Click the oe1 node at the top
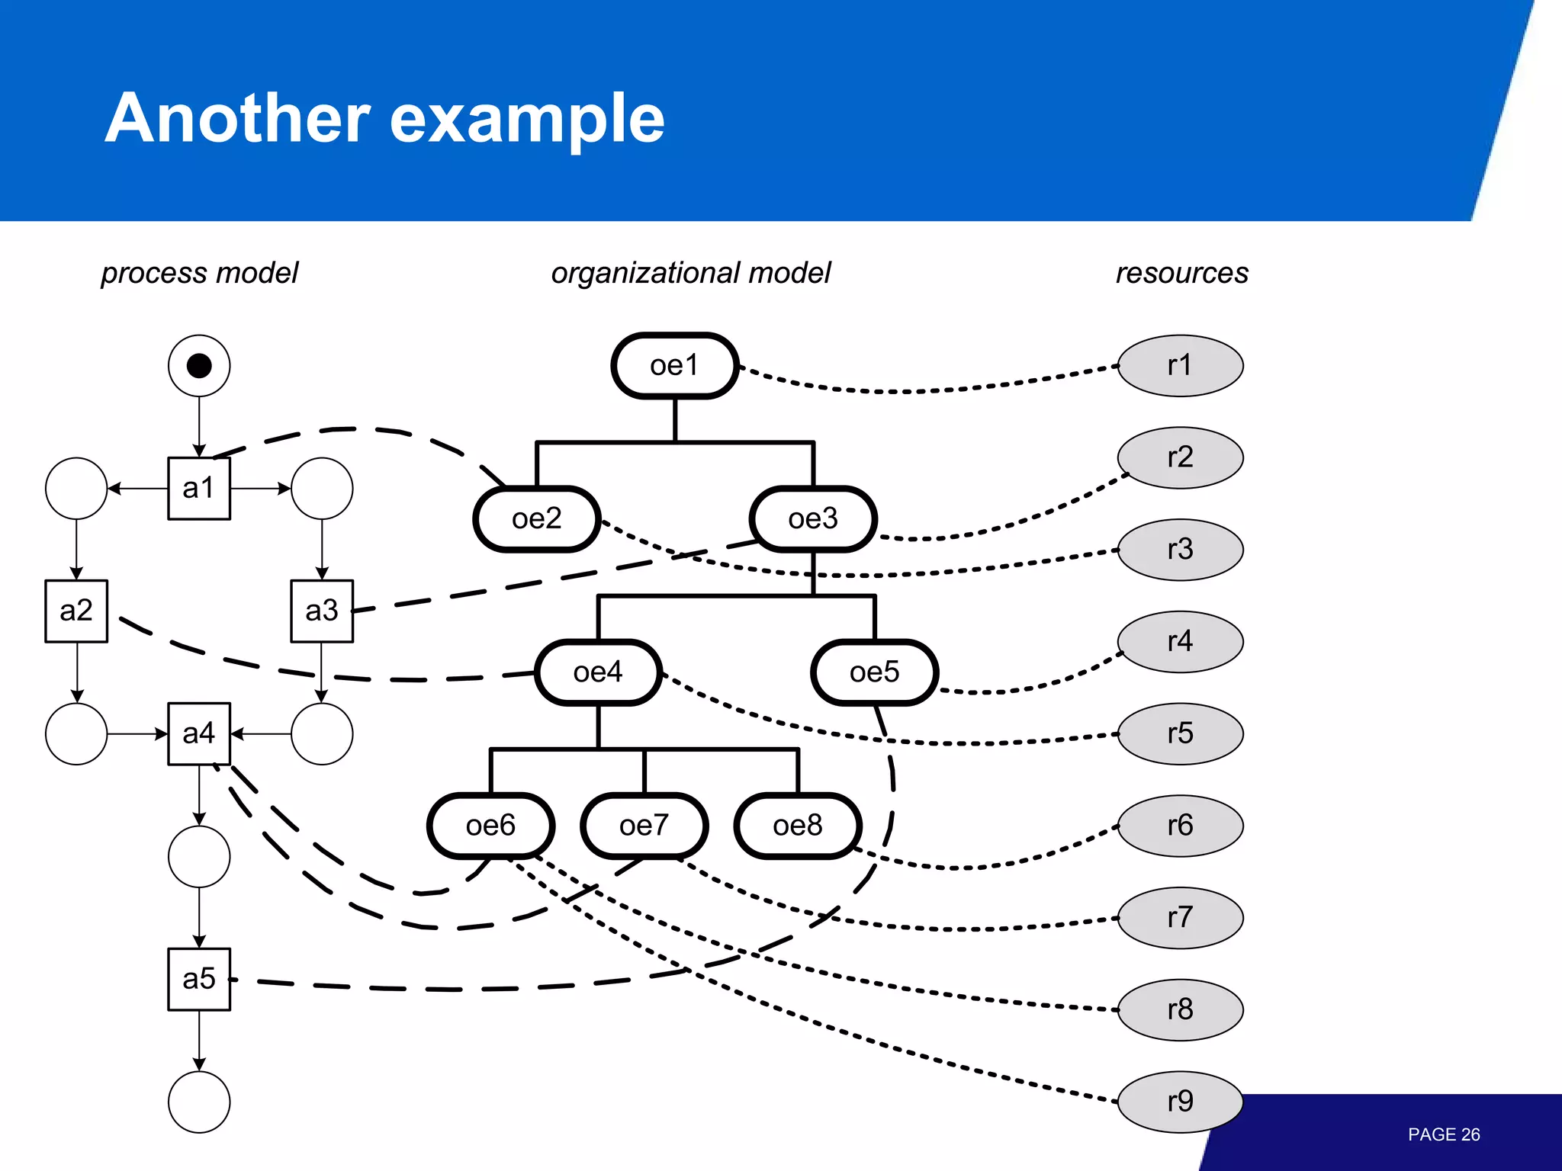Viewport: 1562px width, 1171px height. tap(674, 366)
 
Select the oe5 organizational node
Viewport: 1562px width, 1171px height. tap(874, 672)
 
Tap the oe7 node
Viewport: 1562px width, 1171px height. tap(644, 826)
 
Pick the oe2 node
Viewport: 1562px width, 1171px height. tap(536, 519)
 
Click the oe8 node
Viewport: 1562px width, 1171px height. tap(797, 826)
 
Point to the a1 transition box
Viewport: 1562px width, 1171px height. tap(198, 489)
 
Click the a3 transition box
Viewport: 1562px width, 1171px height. tap(321, 611)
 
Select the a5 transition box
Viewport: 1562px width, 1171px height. tap(198, 980)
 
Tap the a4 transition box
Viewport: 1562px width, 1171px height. tap(198, 733)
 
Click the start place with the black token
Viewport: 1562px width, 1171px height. tap(198, 366)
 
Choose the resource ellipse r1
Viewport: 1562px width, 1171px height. tap(1180, 366)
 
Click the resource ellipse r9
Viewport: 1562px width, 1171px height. tap(1180, 1102)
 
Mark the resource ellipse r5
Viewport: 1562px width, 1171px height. tap(1180, 733)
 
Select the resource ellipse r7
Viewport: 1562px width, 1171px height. tap(1180, 918)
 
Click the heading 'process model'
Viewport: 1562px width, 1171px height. tap(200, 273)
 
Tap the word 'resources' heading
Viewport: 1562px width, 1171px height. tap(1181, 273)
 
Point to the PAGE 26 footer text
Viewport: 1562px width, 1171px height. tap(1443, 1134)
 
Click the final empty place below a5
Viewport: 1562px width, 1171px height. tap(198, 1102)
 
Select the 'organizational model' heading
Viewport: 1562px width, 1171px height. tap(690, 273)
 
